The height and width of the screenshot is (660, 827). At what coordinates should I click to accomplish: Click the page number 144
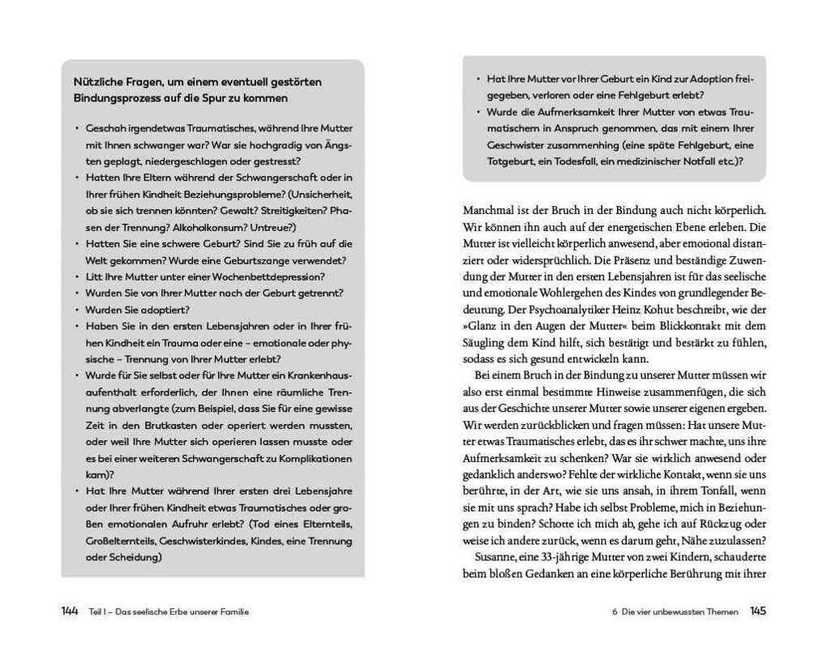69,611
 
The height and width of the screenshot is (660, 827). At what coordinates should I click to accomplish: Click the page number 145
757,611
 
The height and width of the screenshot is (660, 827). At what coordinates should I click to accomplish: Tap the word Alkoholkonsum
212,227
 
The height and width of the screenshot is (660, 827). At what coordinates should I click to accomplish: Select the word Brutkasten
171,425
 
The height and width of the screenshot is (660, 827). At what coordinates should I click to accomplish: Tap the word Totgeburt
489,161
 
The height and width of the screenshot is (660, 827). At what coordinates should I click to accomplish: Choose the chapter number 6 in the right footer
615,612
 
